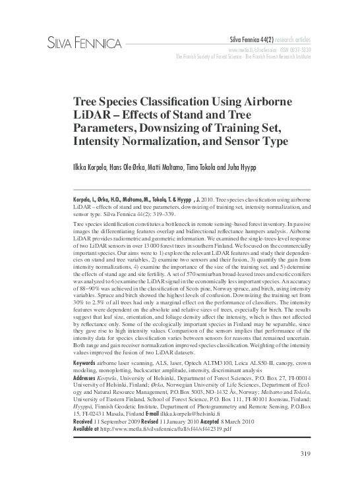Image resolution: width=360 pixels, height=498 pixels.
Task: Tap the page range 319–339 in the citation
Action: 164,215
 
